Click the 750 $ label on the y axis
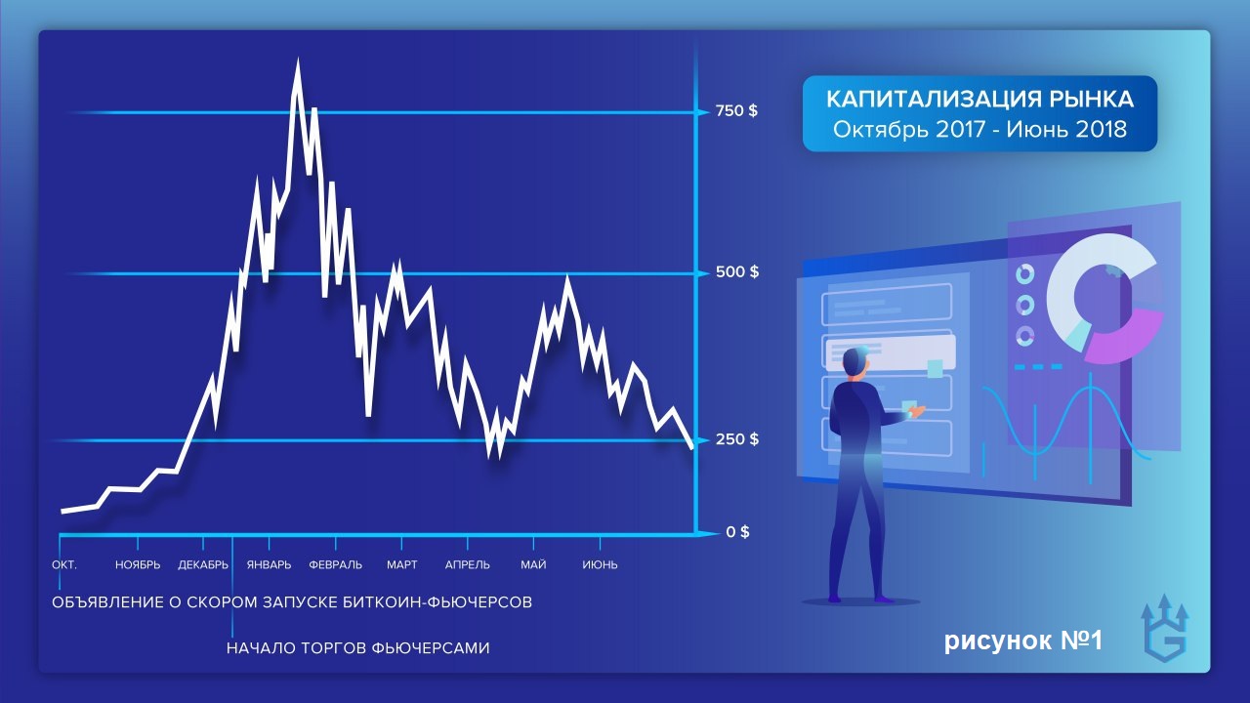(x=736, y=111)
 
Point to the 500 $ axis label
(x=737, y=271)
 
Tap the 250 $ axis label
(x=737, y=439)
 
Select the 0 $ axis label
(x=737, y=532)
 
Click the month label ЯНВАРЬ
(x=269, y=564)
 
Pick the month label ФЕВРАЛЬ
(x=335, y=564)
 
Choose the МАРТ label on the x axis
(x=401, y=564)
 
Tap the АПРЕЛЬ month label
(x=468, y=564)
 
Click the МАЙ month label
(x=533, y=564)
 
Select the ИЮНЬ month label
(x=600, y=564)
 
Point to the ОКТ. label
(x=64, y=564)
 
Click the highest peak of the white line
(x=298, y=61)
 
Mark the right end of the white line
(x=692, y=447)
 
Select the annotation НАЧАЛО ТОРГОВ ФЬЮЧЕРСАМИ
(x=358, y=648)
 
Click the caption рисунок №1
(x=1023, y=641)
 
